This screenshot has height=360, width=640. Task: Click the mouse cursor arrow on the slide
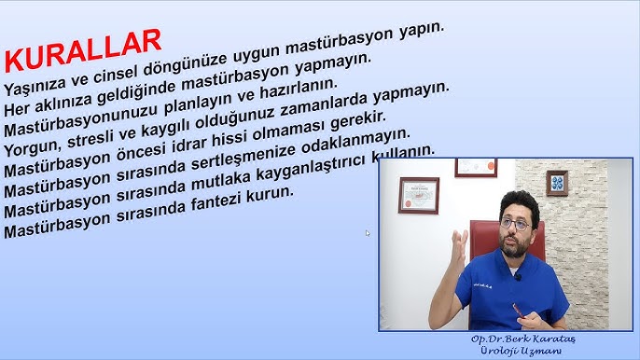point(368,233)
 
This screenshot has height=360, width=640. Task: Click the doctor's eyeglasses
point(516,225)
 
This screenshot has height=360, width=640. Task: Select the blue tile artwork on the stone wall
point(557,182)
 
